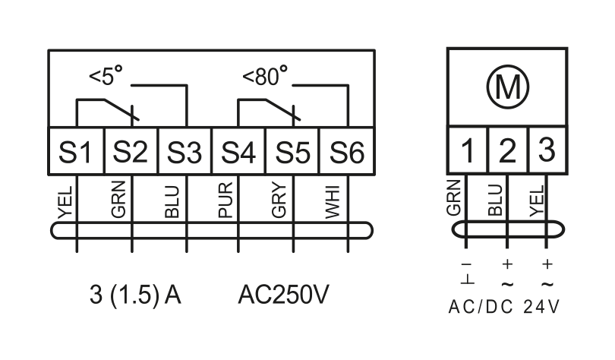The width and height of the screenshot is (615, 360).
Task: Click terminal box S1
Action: pos(76,151)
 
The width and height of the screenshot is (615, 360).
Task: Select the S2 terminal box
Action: pos(131,151)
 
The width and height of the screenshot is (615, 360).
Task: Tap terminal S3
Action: pos(184,151)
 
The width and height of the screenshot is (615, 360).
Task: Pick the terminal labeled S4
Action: pos(239,151)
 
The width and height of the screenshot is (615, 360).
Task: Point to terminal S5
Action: pos(292,151)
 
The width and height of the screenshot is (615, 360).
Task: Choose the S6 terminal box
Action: pos(347,151)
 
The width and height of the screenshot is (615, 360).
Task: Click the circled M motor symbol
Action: pos(507,87)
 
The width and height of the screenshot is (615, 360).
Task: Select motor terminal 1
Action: pos(468,150)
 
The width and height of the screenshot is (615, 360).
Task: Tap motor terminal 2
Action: pos(508,150)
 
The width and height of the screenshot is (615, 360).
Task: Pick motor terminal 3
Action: pos(548,150)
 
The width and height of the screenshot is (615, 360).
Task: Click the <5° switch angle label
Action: pos(106,76)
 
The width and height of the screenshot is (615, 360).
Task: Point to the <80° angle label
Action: pos(265,76)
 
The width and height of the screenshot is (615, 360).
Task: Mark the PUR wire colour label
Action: pos(225,200)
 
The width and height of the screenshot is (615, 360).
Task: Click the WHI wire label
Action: pos(333,202)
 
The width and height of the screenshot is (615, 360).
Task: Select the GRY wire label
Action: pos(279,200)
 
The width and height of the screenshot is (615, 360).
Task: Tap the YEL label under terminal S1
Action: pos(65,202)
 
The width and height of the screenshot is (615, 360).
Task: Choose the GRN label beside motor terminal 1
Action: pos(453,197)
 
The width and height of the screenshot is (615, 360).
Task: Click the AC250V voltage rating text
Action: pos(283,295)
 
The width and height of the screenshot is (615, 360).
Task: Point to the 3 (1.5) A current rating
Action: pos(135,295)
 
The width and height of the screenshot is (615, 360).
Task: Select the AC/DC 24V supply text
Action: pos(504,307)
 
